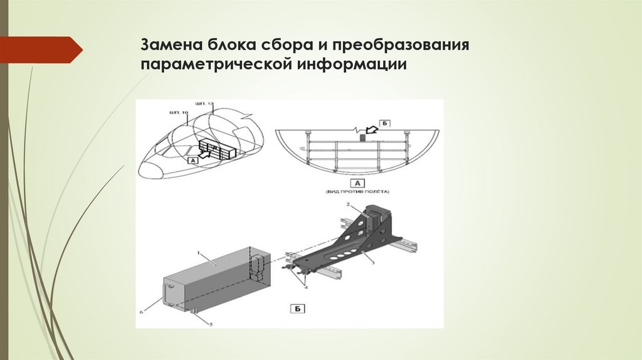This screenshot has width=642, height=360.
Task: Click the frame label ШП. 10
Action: [178, 112]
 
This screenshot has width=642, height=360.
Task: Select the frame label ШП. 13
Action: [204, 102]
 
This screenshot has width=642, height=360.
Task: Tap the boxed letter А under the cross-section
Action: [356, 183]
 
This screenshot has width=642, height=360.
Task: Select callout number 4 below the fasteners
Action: [307, 287]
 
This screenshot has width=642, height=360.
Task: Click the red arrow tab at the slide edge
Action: [41, 50]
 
